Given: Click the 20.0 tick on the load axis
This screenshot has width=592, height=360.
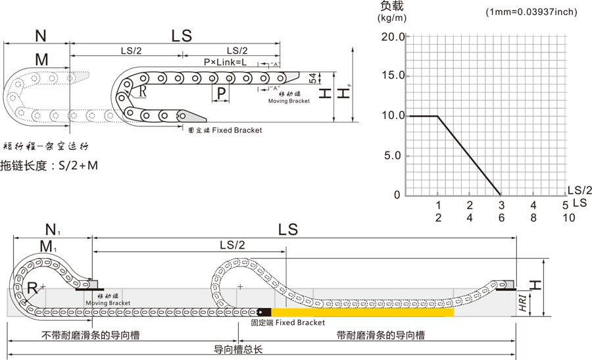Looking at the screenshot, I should pos(393,36).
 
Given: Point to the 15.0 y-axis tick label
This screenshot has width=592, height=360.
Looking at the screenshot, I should pos(393,76).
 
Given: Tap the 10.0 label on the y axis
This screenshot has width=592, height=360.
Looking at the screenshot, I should pos(393,116).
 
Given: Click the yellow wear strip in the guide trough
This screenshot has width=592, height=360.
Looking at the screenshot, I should pos(362,312).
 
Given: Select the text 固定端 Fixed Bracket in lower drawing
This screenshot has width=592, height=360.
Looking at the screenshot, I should pos(288,323).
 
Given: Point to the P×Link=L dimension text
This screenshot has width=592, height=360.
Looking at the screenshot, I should pos(225,62).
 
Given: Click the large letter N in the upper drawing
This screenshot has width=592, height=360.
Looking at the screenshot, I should pos(41,36).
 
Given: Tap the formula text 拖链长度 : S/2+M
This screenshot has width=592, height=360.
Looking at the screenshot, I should pos(49,165).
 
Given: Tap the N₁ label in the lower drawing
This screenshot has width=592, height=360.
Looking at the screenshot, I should pos(52,230).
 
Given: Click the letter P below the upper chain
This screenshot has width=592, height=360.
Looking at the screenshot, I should pos(222,93).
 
